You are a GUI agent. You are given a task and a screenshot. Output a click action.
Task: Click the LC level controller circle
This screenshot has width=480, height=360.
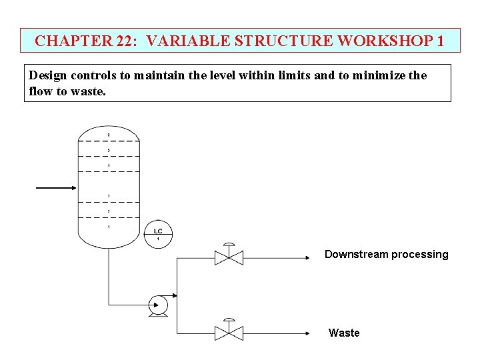pyautogui.click(x=158, y=234)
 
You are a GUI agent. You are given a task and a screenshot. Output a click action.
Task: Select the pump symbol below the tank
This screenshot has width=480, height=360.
pyautogui.click(x=159, y=305)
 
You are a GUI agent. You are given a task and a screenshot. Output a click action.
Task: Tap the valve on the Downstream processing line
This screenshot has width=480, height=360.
pyautogui.click(x=229, y=257)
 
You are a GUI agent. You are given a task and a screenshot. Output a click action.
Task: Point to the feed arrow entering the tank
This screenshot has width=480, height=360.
pyautogui.click(x=57, y=188)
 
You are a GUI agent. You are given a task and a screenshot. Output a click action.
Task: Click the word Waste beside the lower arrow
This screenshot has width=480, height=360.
pyautogui.click(x=344, y=333)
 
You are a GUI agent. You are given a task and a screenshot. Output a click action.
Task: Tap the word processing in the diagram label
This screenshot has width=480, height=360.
pyautogui.click(x=419, y=254)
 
